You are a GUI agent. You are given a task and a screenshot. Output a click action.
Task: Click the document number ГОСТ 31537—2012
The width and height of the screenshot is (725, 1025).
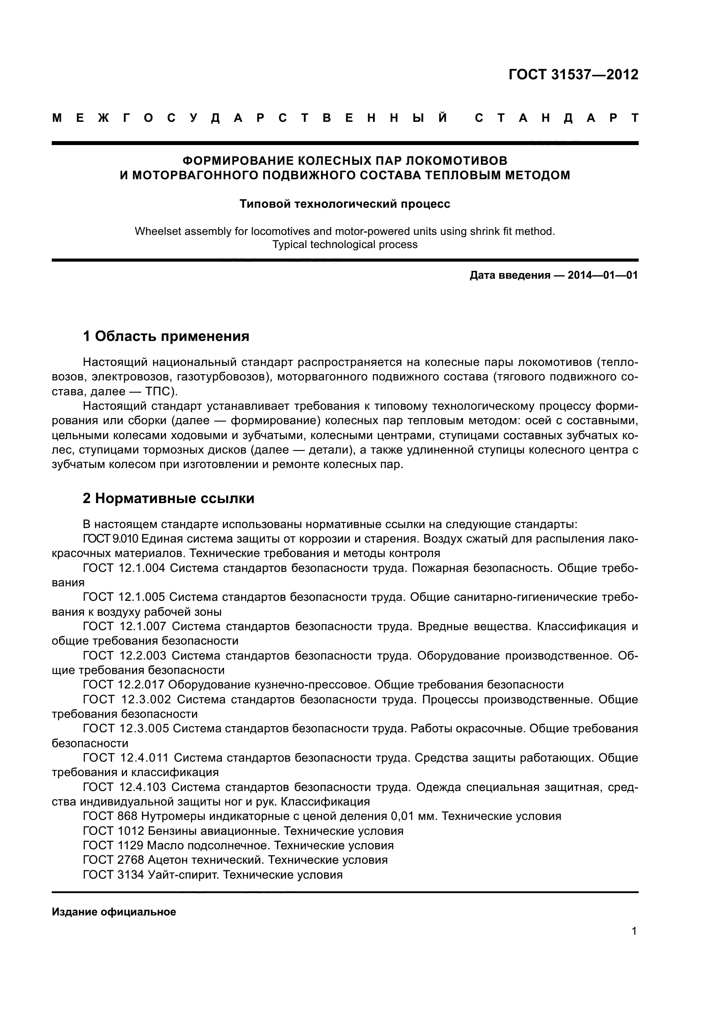coord(573,74)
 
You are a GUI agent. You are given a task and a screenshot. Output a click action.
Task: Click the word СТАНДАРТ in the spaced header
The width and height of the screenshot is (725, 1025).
coord(557,118)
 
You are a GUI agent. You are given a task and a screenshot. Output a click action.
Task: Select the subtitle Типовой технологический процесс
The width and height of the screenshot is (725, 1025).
coord(345,204)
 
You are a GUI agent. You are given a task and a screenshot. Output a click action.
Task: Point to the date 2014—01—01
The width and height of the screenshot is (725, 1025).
coord(602,276)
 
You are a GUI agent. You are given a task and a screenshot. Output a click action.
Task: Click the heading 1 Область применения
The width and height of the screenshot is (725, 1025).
coord(166,336)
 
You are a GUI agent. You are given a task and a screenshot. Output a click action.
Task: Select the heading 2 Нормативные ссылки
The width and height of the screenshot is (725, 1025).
coord(168,498)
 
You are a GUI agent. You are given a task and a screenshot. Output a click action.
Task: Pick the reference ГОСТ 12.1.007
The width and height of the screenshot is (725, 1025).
coord(124,626)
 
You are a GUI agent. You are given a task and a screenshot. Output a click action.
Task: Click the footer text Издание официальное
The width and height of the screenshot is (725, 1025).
coord(114,912)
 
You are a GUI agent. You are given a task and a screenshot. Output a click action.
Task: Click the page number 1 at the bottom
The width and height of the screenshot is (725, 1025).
coord(634,931)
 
